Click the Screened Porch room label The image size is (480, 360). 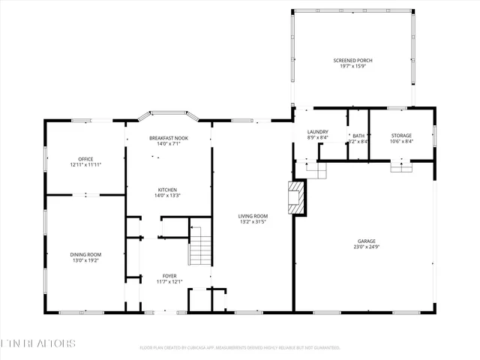(x=352, y=60)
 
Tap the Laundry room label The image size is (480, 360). (x=317, y=132)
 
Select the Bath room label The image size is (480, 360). (x=358, y=136)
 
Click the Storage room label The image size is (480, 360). (x=401, y=136)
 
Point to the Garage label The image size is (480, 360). (x=367, y=241)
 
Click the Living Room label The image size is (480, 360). (x=253, y=216)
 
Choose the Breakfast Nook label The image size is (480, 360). (x=168, y=138)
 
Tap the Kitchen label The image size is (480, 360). (x=168, y=190)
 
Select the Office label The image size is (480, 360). (x=85, y=158)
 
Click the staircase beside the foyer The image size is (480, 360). (x=199, y=245)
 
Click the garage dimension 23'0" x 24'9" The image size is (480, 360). (x=367, y=247)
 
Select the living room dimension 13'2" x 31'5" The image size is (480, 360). (x=253, y=222)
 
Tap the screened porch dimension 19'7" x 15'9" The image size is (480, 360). (x=352, y=66)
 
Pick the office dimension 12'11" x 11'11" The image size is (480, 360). (x=85, y=164)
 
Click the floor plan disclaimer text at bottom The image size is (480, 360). (x=240, y=348)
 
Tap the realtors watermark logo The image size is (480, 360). (x=37, y=343)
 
